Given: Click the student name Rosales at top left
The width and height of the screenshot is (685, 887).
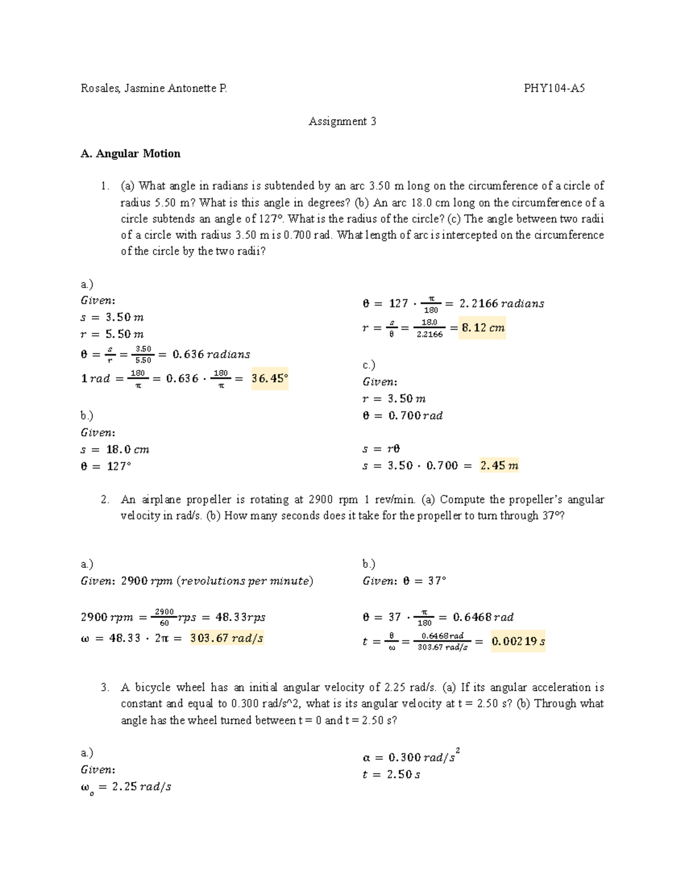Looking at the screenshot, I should tap(99, 88).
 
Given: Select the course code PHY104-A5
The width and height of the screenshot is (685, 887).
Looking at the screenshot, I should tap(554, 88).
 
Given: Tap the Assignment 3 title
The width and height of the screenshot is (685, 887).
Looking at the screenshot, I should tap(342, 121).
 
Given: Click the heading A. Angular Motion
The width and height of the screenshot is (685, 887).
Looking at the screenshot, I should tap(131, 154).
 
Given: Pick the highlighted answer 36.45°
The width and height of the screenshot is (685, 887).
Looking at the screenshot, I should tap(269, 378).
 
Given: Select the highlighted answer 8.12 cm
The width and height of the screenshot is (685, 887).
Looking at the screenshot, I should tap(482, 328).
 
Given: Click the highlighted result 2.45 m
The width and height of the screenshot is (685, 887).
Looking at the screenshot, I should tap(499, 465).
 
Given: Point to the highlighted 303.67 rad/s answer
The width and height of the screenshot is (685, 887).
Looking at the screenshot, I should tap(227, 638).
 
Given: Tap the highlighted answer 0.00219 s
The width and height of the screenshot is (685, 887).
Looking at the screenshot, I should tap(518, 641).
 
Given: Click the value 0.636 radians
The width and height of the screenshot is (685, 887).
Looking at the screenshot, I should tap(211, 354).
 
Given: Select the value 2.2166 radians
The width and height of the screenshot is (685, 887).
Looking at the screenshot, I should tap(501, 303).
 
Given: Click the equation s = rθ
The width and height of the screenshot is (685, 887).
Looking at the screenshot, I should tap(381, 449).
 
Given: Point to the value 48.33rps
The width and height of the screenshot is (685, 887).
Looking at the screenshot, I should tap(240, 617).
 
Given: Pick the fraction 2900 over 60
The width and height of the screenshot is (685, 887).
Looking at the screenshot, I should tap(164, 617).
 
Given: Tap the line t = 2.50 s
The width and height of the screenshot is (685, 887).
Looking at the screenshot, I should tap(391, 774).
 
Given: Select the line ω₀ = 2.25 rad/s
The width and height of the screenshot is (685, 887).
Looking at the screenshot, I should tap(126, 787).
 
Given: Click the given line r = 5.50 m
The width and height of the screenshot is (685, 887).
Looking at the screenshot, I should tap(112, 334).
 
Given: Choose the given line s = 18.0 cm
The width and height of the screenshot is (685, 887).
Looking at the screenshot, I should tap(115, 449).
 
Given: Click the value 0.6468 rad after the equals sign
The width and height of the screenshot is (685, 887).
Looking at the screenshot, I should tap(483, 617).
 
